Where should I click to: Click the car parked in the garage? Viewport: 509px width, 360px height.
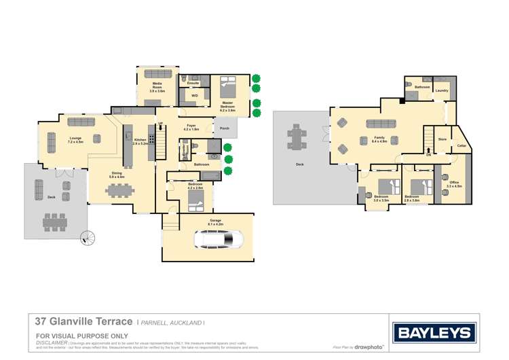click(219, 239)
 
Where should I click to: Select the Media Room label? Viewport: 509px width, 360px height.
click(157, 87)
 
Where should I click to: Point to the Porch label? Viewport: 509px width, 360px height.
click(225, 127)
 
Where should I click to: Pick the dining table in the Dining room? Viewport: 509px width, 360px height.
click(119, 190)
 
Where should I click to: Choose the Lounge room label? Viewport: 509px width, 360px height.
click(75, 140)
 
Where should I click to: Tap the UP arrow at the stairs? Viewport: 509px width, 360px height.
click(160, 123)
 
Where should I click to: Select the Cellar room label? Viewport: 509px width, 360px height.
click(461, 145)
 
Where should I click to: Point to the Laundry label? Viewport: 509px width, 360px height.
click(442, 90)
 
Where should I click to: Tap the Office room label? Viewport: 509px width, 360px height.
click(454, 183)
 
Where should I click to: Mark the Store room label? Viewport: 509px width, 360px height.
click(442, 139)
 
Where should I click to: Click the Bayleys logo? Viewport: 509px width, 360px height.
click(434, 333)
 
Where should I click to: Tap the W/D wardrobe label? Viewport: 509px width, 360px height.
click(194, 96)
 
